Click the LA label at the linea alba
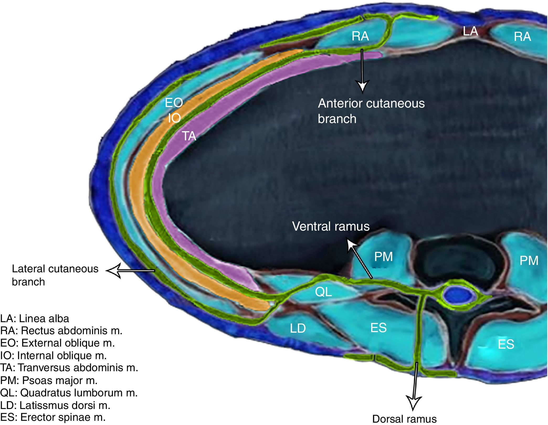470,31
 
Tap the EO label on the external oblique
174,103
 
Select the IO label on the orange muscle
174,118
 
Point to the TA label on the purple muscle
189,136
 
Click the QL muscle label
323,292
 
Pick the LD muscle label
298,328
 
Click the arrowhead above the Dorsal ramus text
414,403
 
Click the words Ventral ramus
331,226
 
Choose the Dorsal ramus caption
404,419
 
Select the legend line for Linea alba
35,318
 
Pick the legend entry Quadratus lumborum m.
69,393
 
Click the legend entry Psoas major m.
49,380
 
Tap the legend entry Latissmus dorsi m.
55,405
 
